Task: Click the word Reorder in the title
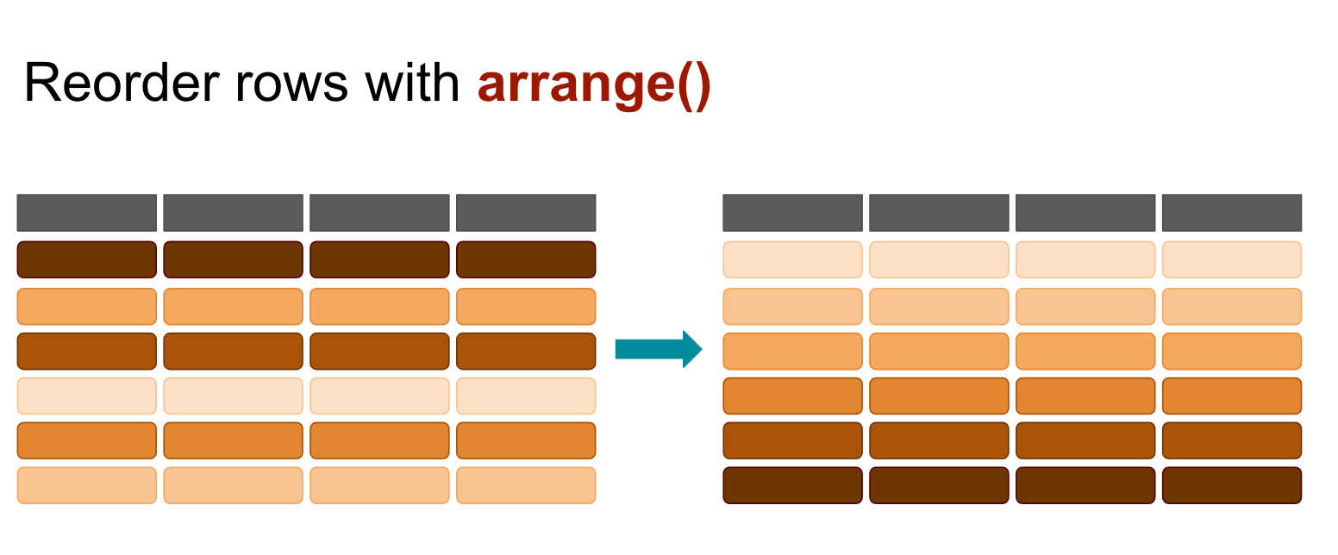(x=122, y=83)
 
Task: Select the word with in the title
(x=412, y=83)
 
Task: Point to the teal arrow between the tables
(x=659, y=349)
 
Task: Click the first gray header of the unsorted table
(x=86, y=213)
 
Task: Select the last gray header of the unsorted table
(x=526, y=213)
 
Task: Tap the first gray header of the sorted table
(x=792, y=213)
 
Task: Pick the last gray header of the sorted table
(x=1232, y=213)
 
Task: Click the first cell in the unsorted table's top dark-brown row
(x=86, y=259)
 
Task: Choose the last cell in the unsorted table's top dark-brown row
(x=526, y=259)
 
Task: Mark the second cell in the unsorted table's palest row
(x=233, y=396)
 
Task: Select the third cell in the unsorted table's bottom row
(x=379, y=485)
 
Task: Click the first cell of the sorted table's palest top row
(x=792, y=259)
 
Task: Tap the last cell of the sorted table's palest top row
(x=1232, y=259)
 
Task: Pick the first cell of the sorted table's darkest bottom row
(x=792, y=485)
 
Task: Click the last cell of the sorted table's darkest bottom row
(x=1232, y=485)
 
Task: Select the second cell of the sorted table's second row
(x=939, y=307)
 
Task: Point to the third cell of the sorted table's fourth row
(x=1085, y=396)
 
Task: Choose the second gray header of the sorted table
(x=939, y=213)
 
